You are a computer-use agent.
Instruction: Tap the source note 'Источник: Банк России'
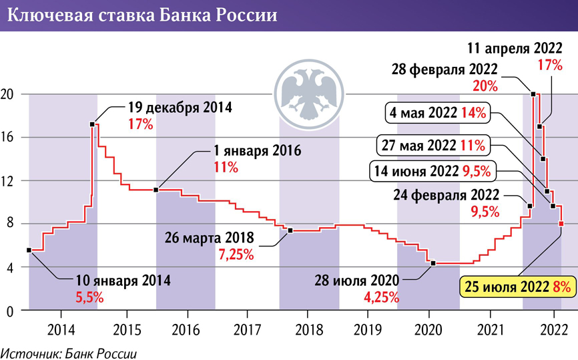coord(73,351)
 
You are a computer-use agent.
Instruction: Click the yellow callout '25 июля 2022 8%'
coord(518,288)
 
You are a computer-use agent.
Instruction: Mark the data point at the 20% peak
coord(533,94)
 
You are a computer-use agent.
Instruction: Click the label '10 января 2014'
coord(113,281)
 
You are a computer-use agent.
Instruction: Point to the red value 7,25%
coord(236,254)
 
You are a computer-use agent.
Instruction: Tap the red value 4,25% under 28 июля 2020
coord(381,296)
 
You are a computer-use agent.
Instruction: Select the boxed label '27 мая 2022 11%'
coord(433,144)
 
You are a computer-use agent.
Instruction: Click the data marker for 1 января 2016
coord(156,190)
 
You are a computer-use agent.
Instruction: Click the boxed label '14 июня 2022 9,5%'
coord(430,171)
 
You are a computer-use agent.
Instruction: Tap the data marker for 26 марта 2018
coord(290,230)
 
